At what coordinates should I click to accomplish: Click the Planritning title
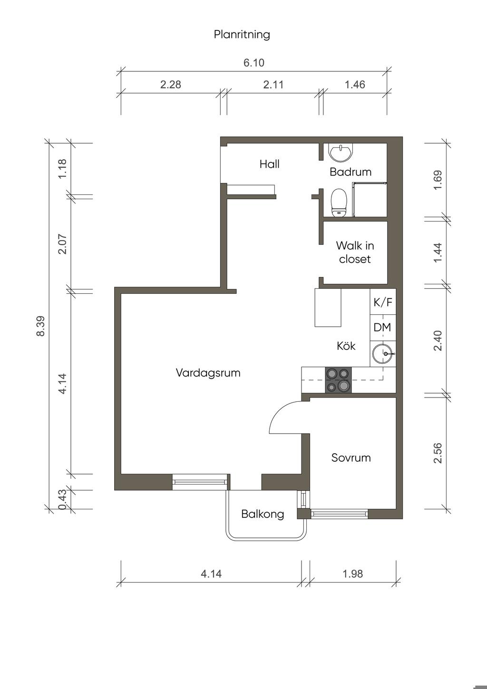pyautogui.click(x=242, y=34)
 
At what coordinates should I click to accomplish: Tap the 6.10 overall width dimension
pyautogui.click(x=254, y=63)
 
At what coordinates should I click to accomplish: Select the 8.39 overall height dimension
pyautogui.click(x=40, y=326)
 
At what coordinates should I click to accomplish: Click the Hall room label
pyautogui.click(x=270, y=164)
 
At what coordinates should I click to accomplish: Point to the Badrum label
pyautogui.click(x=351, y=172)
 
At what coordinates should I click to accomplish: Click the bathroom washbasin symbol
pyautogui.click(x=341, y=152)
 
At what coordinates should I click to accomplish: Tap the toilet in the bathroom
pyautogui.click(x=339, y=203)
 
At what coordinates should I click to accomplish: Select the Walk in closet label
pyautogui.click(x=355, y=252)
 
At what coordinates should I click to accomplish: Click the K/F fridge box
pyautogui.click(x=383, y=302)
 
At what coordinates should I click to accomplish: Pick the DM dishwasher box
pyautogui.click(x=383, y=328)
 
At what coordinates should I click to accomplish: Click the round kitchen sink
pyautogui.click(x=382, y=354)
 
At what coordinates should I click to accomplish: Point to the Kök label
pyautogui.click(x=346, y=346)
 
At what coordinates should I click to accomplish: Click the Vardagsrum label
pyautogui.click(x=208, y=373)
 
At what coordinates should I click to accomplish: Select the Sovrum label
pyautogui.click(x=351, y=458)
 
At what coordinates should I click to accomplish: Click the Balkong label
pyautogui.click(x=263, y=514)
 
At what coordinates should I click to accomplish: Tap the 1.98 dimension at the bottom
pyautogui.click(x=353, y=574)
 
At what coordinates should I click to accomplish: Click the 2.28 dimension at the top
pyautogui.click(x=170, y=85)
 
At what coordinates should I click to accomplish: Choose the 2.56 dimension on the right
pyautogui.click(x=438, y=453)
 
